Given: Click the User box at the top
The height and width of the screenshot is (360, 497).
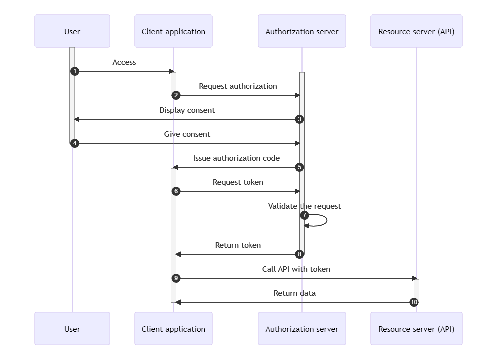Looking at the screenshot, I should click(x=72, y=31).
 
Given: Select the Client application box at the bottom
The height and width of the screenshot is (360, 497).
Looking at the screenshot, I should click(x=173, y=329).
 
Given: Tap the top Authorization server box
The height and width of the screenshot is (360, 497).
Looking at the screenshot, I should click(x=302, y=31).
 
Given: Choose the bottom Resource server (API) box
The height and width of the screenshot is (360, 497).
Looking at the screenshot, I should click(x=416, y=329).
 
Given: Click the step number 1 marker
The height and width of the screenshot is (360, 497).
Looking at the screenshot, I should click(x=75, y=71).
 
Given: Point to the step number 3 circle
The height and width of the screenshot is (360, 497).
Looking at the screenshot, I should click(x=299, y=119).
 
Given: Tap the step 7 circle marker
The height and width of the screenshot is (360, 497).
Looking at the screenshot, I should click(x=305, y=215).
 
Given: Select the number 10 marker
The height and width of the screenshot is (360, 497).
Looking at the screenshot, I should click(x=414, y=302).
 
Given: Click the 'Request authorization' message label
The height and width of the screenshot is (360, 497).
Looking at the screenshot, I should click(x=238, y=86).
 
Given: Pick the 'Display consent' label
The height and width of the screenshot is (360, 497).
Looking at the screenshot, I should click(x=187, y=110).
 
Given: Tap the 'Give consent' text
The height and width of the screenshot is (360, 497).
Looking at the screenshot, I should click(x=187, y=134).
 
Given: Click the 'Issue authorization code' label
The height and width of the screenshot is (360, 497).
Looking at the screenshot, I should click(x=237, y=158).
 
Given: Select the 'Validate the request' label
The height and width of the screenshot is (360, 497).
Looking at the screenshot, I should click(x=305, y=206).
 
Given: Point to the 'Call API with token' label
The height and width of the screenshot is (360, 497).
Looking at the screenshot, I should click(x=296, y=269).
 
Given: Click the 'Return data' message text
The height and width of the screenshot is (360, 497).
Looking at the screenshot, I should click(x=295, y=293).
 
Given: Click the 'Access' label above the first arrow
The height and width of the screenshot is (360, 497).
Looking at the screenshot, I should click(x=124, y=62).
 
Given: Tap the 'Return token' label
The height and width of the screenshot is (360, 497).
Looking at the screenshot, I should click(x=238, y=245).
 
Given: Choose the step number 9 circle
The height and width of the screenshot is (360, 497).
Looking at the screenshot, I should click(x=176, y=278).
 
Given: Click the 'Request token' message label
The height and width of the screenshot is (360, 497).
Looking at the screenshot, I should click(x=238, y=182).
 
